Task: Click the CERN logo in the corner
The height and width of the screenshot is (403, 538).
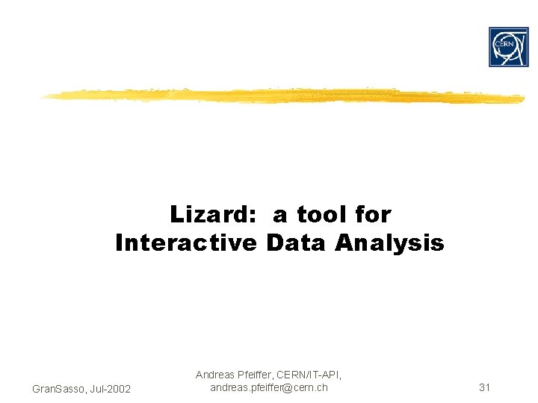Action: (508, 47)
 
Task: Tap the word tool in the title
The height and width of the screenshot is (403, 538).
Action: (324, 215)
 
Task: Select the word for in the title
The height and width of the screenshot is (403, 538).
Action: (373, 215)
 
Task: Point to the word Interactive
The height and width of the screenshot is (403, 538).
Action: (186, 243)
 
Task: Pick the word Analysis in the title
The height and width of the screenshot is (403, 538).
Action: (389, 243)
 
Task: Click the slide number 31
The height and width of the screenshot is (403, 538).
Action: (484, 387)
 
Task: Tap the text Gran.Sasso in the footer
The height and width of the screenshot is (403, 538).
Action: (57, 389)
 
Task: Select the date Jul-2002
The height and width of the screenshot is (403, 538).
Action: (109, 389)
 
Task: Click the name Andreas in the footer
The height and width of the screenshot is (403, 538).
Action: (215, 375)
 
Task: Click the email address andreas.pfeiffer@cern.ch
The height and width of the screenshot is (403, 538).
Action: (268, 387)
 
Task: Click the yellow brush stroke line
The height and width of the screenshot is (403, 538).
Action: (284, 96)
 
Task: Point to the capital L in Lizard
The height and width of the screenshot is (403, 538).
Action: (177, 215)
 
